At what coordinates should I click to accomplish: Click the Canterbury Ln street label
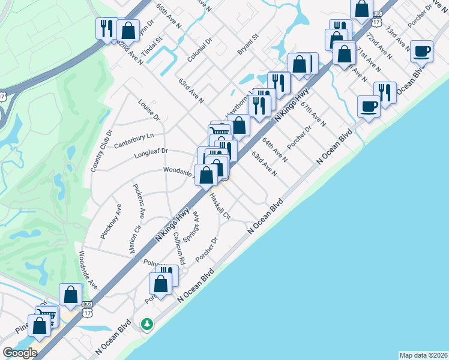(x=134, y=140)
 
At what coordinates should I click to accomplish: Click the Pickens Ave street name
(x=140, y=201)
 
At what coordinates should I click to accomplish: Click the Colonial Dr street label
(x=199, y=50)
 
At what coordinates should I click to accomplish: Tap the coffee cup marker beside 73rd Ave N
(x=422, y=51)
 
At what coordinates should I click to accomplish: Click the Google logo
(x=19, y=353)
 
